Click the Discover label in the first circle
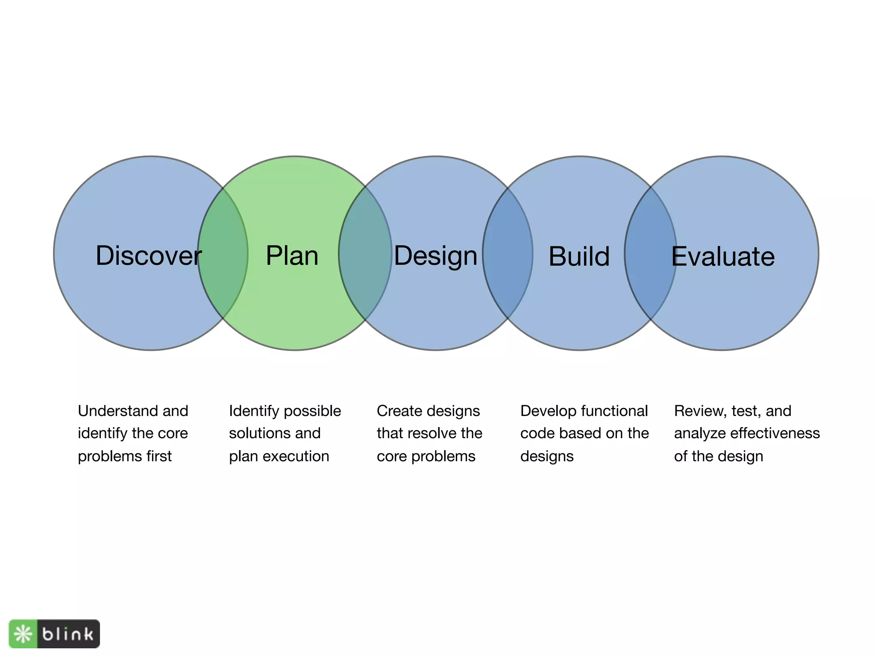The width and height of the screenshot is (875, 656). pyautogui.click(x=148, y=255)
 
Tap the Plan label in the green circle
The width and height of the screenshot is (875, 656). pyautogui.click(x=292, y=255)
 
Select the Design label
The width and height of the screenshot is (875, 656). pyautogui.click(x=435, y=256)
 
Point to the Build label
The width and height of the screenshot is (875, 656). pyautogui.click(x=579, y=256)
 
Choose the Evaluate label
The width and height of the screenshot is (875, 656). pyautogui.click(x=723, y=256)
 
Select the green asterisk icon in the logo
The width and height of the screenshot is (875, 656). pyautogui.click(x=23, y=634)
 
